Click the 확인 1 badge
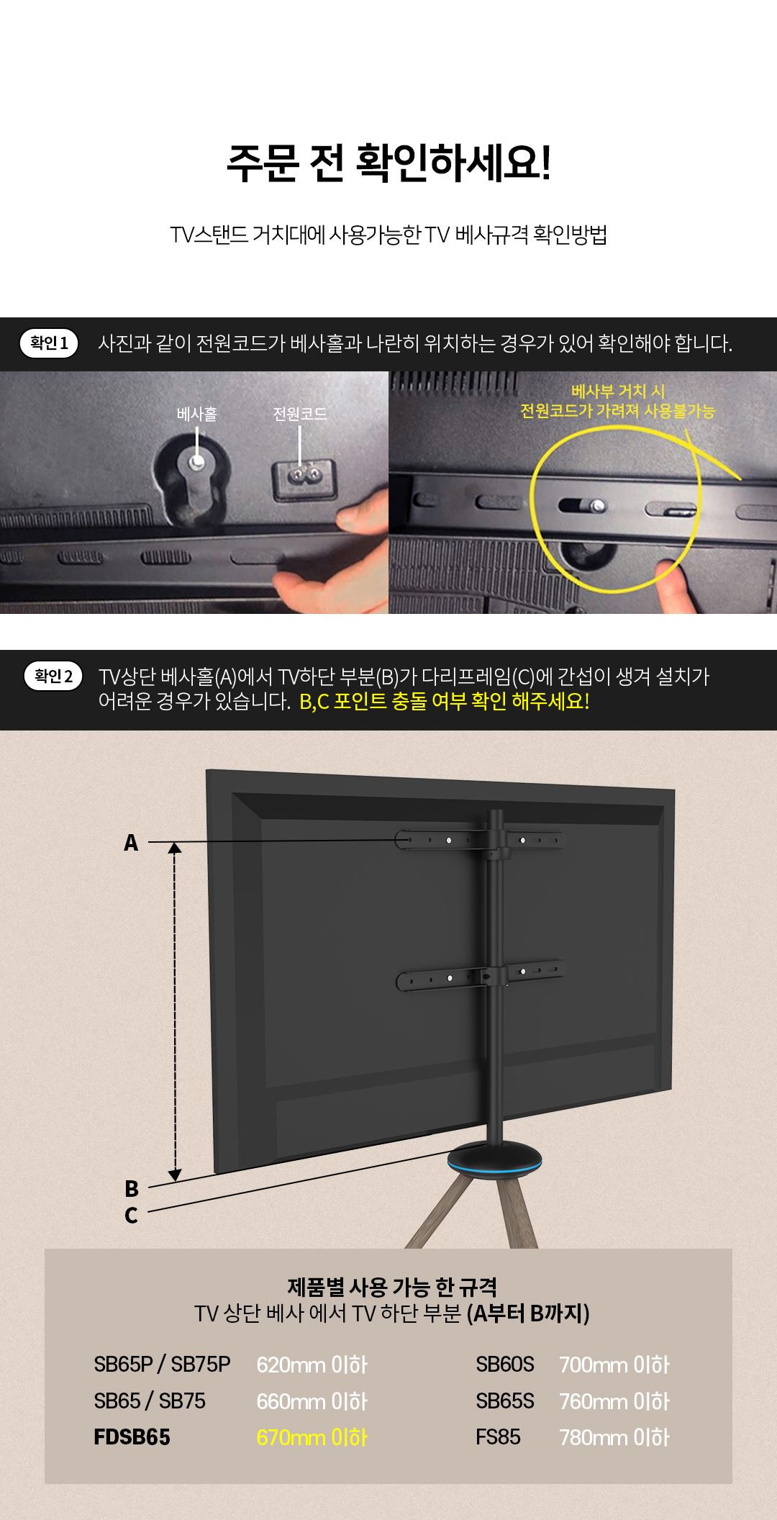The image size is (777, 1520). pyautogui.click(x=49, y=343)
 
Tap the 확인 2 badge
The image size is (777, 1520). pyautogui.click(x=53, y=676)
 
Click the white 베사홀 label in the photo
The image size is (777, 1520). pyautogui.click(x=197, y=414)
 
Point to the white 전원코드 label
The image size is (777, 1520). pyautogui.click(x=300, y=414)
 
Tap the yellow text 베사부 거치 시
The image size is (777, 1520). pyautogui.click(x=618, y=391)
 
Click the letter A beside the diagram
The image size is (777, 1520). pyautogui.click(x=131, y=842)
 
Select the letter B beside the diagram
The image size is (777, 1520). pyautogui.click(x=132, y=1188)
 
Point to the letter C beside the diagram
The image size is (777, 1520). pyautogui.click(x=131, y=1215)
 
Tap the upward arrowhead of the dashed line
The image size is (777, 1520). pyautogui.click(x=175, y=848)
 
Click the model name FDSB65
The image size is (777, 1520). pyautogui.click(x=132, y=1437)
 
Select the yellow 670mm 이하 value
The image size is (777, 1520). pyautogui.click(x=312, y=1437)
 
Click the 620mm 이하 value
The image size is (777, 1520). pyautogui.click(x=312, y=1365)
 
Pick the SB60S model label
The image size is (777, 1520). pyautogui.click(x=505, y=1365)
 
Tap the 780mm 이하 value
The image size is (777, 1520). pyautogui.click(x=614, y=1437)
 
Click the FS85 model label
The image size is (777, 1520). pyautogui.click(x=498, y=1437)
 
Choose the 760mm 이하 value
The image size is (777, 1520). pyautogui.click(x=614, y=1401)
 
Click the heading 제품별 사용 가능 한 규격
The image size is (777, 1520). pyautogui.click(x=392, y=1287)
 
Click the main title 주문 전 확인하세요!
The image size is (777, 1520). pyautogui.click(x=389, y=163)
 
